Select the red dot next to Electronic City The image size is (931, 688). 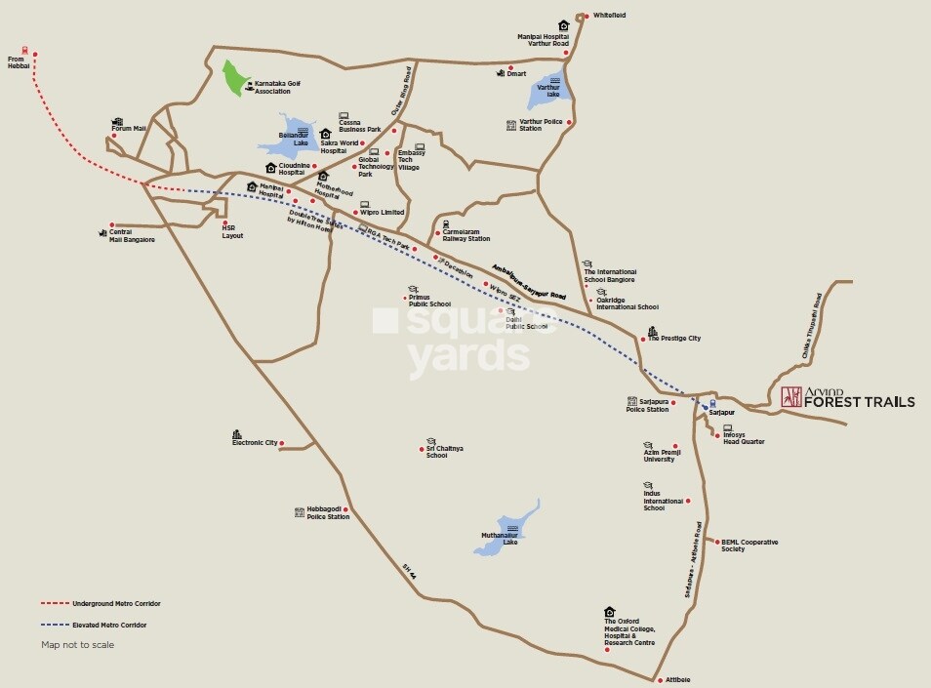click(281, 444)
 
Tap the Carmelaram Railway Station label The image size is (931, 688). click(465, 235)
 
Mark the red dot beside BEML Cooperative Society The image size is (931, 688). click(717, 542)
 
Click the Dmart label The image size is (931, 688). click(516, 74)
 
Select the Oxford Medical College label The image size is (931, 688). click(629, 632)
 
